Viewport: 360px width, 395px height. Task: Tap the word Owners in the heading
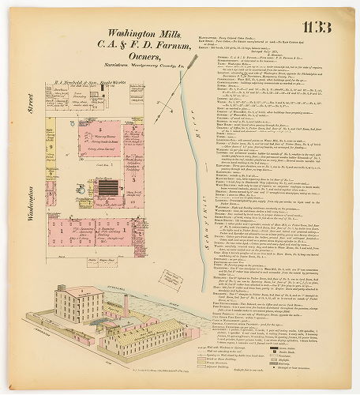[x=118, y=66]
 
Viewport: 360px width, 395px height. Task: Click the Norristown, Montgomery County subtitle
[x=118, y=77]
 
